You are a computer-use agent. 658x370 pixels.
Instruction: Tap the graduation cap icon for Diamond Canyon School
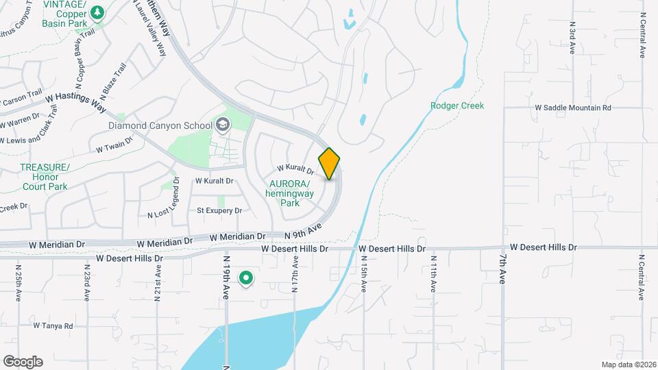tap(222, 124)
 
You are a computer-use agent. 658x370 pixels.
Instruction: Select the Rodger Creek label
tap(457, 106)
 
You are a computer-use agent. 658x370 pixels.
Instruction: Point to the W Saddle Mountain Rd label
tap(572, 108)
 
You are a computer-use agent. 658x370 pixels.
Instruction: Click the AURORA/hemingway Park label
tap(291, 193)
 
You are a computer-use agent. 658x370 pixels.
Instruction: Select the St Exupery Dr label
tap(219, 210)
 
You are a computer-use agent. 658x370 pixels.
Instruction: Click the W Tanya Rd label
tap(52, 326)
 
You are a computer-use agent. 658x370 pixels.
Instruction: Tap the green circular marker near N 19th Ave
tap(245, 278)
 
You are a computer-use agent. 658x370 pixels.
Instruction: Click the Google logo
tap(23, 361)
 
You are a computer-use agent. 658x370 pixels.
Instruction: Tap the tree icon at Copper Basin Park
tap(97, 12)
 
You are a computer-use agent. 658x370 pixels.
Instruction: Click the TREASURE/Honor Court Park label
tap(44, 177)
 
